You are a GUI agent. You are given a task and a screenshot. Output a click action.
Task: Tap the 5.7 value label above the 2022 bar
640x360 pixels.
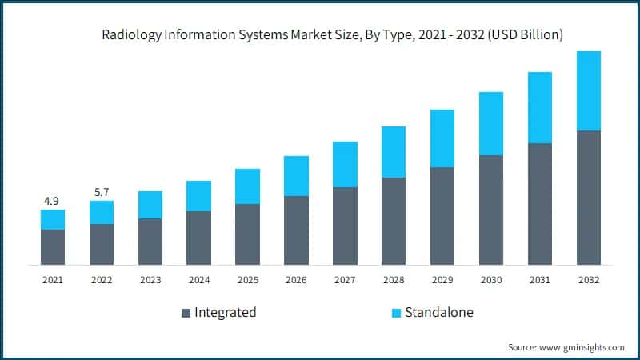coord(102,191)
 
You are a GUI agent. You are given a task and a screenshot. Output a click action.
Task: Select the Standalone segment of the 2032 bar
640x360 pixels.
coord(589,90)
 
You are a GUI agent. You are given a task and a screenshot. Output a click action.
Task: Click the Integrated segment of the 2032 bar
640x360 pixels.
coord(589,197)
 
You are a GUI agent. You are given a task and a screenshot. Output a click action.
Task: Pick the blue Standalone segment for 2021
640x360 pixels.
coord(53,219)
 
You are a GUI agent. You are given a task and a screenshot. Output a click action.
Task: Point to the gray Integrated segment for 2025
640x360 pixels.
coord(247,234)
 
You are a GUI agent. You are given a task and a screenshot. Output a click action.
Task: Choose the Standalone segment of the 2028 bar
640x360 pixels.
coord(394,152)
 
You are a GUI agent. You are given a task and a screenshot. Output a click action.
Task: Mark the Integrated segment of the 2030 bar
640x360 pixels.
coord(491,210)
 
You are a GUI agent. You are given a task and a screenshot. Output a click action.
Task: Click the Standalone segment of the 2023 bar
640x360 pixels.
coord(150,205)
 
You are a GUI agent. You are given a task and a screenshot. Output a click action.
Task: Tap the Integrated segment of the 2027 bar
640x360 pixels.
coord(345,226)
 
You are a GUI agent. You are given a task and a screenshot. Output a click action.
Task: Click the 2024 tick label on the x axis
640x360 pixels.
coord(198,280)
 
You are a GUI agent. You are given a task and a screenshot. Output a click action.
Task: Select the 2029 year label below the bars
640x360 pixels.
coord(442,280)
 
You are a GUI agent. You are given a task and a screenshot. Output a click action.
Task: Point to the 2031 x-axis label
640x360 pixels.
coord(540,280)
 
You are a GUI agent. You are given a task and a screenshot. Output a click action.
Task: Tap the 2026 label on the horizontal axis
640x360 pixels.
coord(296,280)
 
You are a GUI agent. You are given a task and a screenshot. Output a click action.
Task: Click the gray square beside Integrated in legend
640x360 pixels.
coord(186,313)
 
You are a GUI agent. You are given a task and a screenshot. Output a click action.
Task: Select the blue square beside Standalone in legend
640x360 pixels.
coord(396,313)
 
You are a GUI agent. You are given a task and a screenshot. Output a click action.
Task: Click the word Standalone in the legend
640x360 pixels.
coord(438,312)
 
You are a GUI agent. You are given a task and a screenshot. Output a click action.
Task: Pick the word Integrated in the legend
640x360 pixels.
coord(226,312)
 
